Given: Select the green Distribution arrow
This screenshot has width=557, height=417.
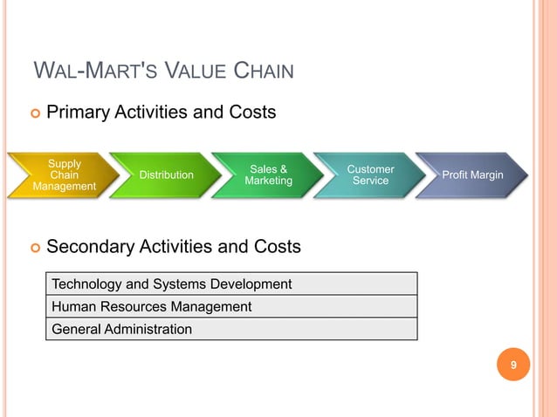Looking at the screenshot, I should click(166, 175).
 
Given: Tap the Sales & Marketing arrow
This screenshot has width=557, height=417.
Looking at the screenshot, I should click(268, 175).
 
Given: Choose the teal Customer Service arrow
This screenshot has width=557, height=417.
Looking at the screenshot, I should click(370, 174).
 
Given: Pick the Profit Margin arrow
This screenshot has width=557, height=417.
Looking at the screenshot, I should click(472, 175).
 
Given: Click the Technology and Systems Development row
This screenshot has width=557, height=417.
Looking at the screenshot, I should click(231, 284).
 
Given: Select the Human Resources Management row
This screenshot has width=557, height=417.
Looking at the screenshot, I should click(231, 306).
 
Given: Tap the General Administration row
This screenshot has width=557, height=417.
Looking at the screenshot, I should click(231, 329).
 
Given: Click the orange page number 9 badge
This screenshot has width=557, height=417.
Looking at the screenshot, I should click(513, 366).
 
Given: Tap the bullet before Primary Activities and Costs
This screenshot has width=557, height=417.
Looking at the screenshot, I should click(35, 113).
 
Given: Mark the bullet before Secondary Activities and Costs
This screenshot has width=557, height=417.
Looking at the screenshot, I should click(35, 248).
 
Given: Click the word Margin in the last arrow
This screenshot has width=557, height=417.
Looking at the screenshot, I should click(487, 175).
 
